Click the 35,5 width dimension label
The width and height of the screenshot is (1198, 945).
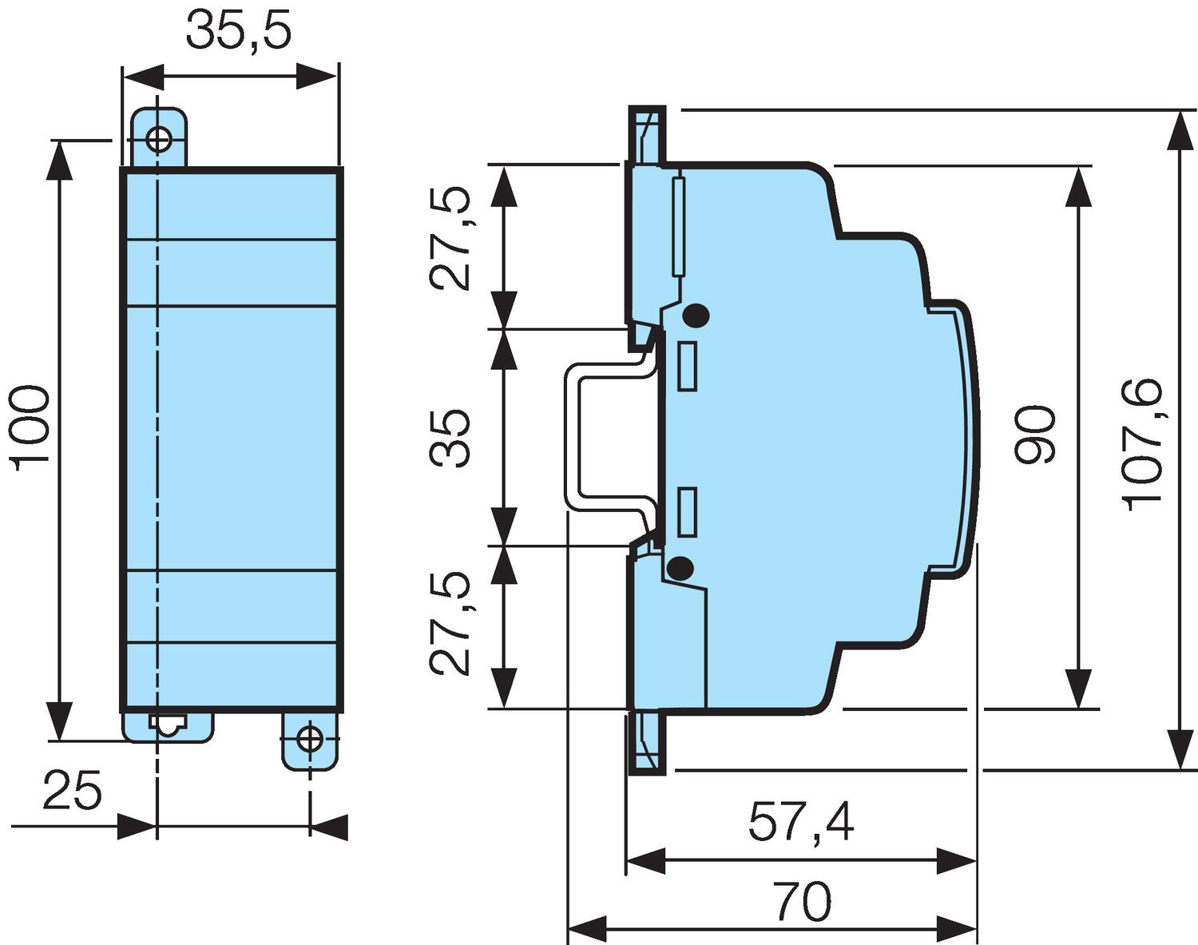pyautogui.click(x=239, y=32)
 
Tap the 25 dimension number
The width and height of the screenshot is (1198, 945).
pyautogui.click(x=73, y=791)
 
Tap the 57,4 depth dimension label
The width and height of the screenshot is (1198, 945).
pyautogui.click(x=800, y=823)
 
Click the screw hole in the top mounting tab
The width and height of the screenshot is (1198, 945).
pyautogui.click(x=159, y=140)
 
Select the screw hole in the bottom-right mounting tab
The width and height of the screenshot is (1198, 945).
pyautogui.click(x=309, y=739)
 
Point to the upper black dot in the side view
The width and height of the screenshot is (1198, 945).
pyautogui.click(x=696, y=316)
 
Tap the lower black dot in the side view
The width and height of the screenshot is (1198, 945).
pyautogui.click(x=680, y=569)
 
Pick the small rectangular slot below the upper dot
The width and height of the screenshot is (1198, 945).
pyautogui.click(x=686, y=366)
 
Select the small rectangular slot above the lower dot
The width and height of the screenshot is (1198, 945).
pyautogui.click(x=686, y=512)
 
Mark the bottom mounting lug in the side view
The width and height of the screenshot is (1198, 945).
pyautogui.click(x=646, y=742)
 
